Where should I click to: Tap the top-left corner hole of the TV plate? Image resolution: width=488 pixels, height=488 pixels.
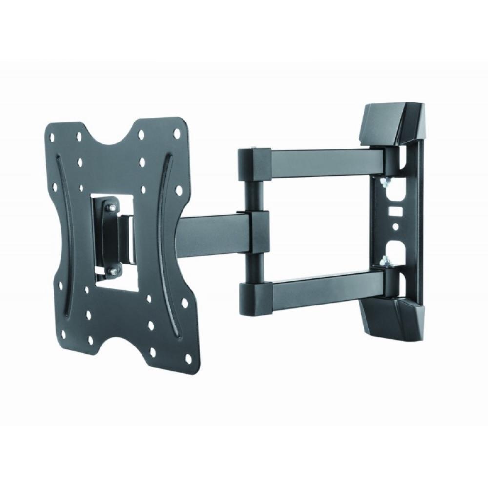pos(52,134)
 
